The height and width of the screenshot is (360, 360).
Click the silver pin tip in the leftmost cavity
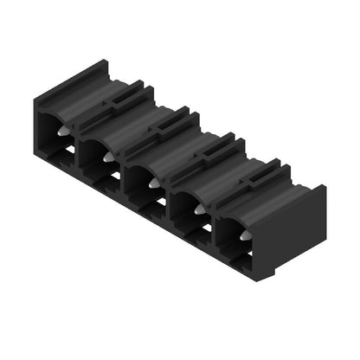64,131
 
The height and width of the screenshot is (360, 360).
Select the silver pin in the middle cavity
152,183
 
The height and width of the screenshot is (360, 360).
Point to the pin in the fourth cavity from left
198,210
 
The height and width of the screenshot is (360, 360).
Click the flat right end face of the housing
303,234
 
